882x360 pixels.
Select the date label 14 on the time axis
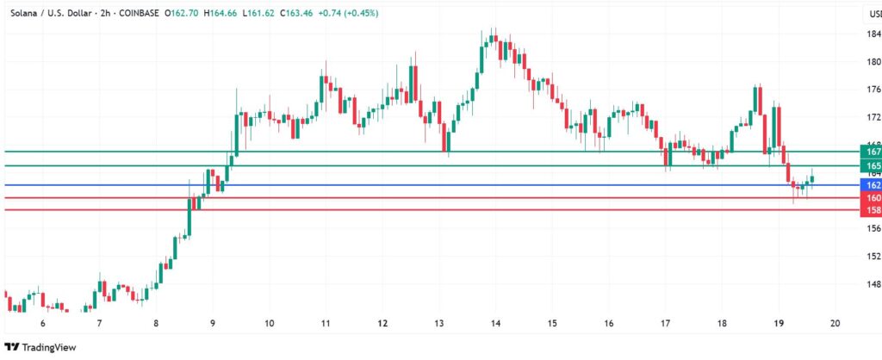(x=496, y=323)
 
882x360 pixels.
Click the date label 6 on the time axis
(x=43, y=323)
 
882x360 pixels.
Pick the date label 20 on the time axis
(x=835, y=323)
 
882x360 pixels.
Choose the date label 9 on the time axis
(x=213, y=323)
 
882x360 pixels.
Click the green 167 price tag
(x=871, y=152)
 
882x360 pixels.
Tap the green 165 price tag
(x=871, y=165)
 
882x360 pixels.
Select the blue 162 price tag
(x=871, y=185)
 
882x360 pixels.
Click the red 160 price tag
(x=871, y=198)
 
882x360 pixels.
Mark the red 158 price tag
(x=871, y=210)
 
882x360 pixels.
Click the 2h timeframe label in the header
(x=105, y=14)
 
